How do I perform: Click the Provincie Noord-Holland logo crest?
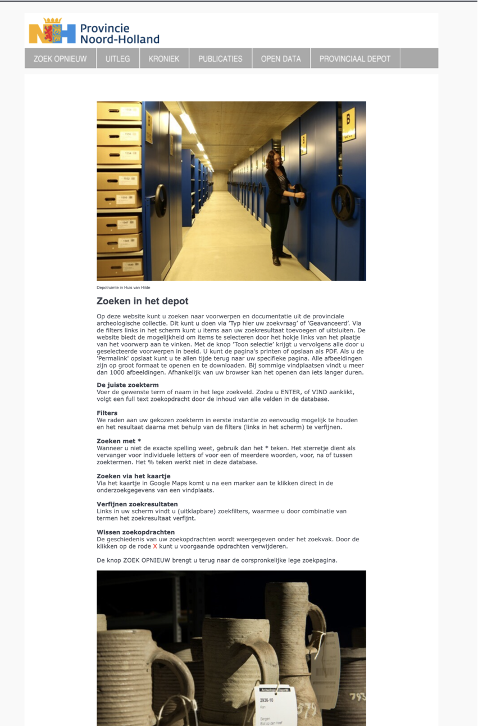(x=52, y=31)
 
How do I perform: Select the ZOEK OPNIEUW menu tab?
(x=60, y=58)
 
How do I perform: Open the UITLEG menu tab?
(x=117, y=58)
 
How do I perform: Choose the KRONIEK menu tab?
(x=164, y=58)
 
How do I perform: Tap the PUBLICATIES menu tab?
(x=220, y=58)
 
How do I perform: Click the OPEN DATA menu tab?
(x=281, y=58)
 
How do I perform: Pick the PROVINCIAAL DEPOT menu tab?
(x=354, y=58)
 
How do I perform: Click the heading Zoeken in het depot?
(x=142, y=302)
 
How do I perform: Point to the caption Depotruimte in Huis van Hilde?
(x=124, y=287)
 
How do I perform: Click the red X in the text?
(x=155, y=546)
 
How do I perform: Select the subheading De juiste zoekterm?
(x=128, y=385)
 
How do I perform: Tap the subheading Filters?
(x=107, y=413)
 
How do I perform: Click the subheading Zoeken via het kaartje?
(x=134, y=476)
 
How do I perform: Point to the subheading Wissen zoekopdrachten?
(x=135, y=532)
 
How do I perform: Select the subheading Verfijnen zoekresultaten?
(x=137, y=504)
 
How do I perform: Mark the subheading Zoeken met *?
(x=119, y=441)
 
